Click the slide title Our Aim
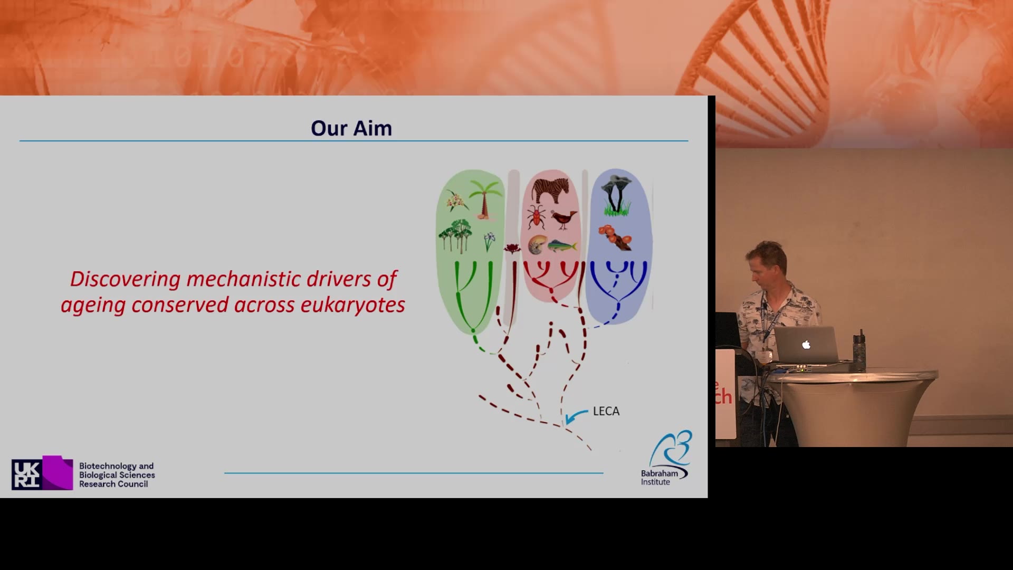point(351,128)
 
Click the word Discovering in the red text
point(126,279)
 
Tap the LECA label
point(606,411)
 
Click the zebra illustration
point(551,190)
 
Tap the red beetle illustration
point(537,217)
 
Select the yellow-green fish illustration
point(562,246)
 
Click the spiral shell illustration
point(537,245)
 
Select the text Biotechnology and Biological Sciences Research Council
point(117,475)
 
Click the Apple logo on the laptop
point(806,345)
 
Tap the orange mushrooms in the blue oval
point(615,237)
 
